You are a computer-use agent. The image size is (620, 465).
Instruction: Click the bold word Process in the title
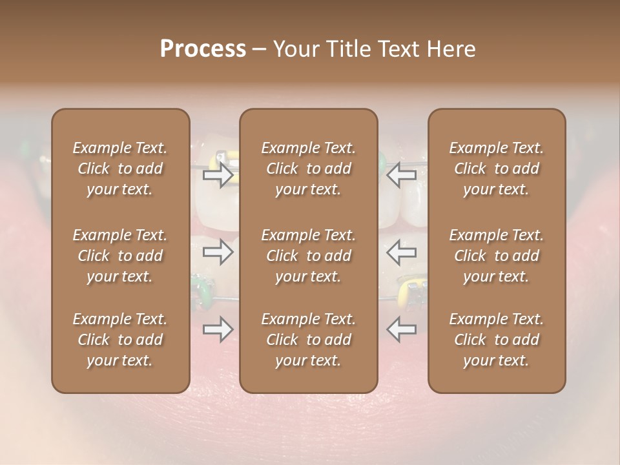(x=203, y=49)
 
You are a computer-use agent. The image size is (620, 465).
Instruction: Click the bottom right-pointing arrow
(x=218, y=329)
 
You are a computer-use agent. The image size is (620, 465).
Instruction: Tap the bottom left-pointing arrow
(x=402, y=329)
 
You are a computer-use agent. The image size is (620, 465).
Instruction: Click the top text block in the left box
(x=120, y=169)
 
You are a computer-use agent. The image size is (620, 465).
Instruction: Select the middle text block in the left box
(x=120, y=256)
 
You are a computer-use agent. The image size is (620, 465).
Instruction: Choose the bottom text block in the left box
(x=120, y=340)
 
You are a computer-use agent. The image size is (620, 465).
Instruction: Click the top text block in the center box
(x=308, y=169)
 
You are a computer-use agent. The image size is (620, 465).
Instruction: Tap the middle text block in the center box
(x=308, y=256)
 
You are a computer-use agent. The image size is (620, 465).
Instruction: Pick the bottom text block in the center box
(x=308, y=340)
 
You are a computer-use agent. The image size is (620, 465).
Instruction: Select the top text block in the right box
(x=496, y=169)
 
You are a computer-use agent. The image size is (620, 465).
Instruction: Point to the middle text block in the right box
(x=496, y=256)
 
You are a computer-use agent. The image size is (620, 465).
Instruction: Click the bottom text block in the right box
(x=496, y=340)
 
